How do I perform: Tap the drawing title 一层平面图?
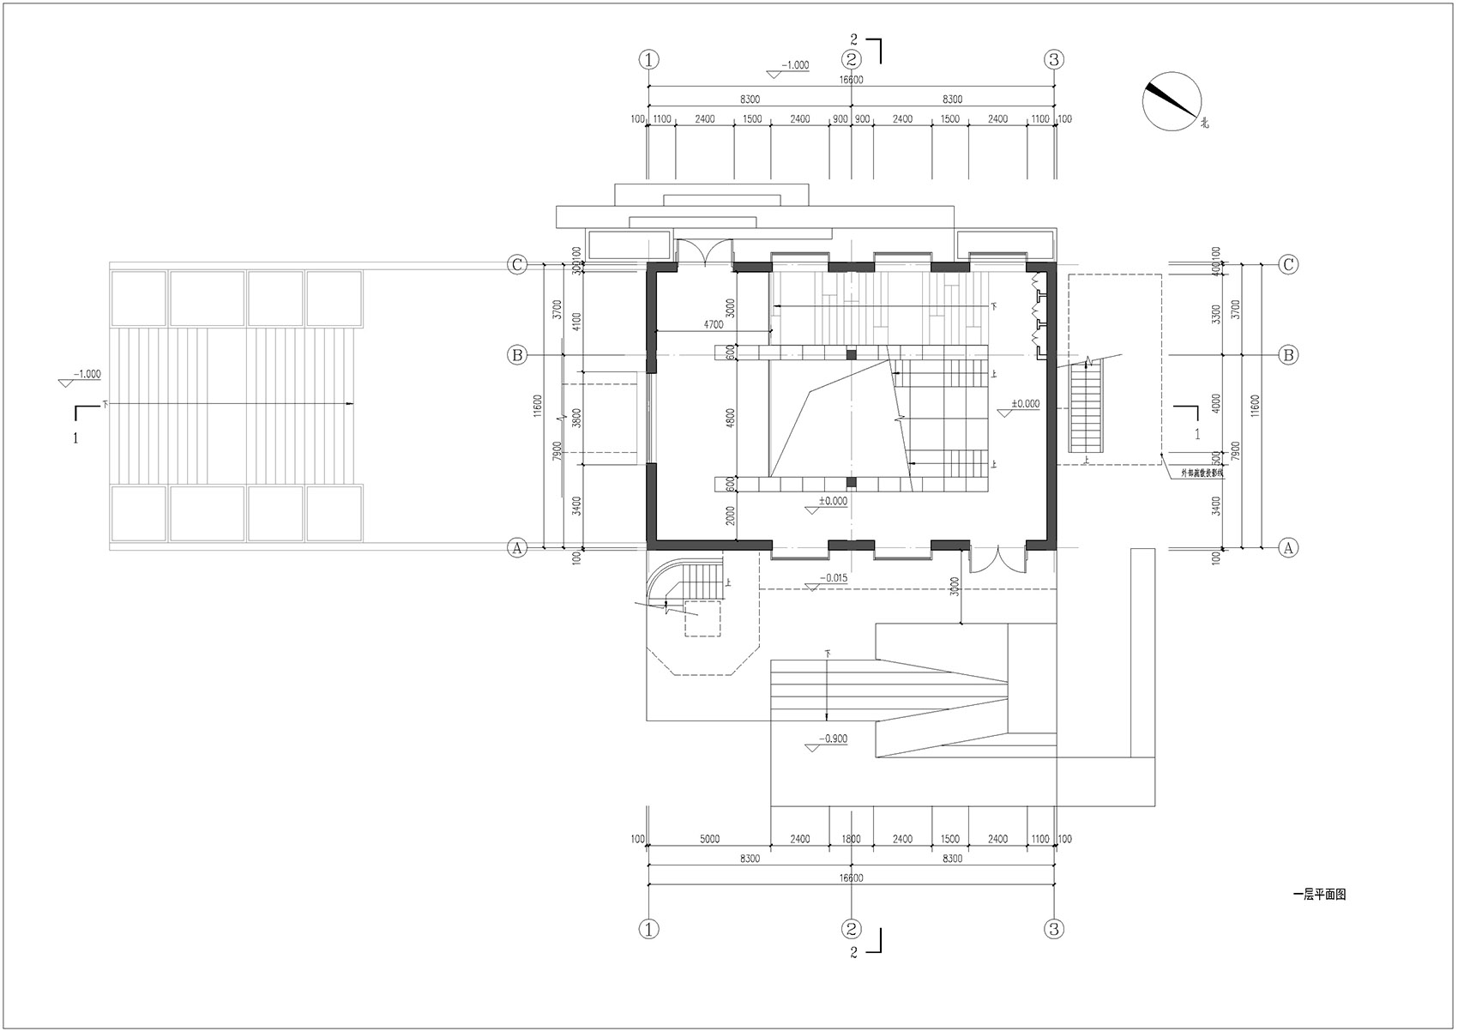point(1318,895)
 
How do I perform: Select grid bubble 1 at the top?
point(648,59)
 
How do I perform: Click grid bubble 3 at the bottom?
point(1054,928)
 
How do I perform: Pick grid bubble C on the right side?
point(1287,265)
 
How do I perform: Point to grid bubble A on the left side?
point(516,547)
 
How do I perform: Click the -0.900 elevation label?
point(833,739)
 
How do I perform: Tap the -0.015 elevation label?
point(833,578)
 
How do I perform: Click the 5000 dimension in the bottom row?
point(708,840)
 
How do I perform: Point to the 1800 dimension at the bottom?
point(851,840)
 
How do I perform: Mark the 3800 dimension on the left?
point(577,417)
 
